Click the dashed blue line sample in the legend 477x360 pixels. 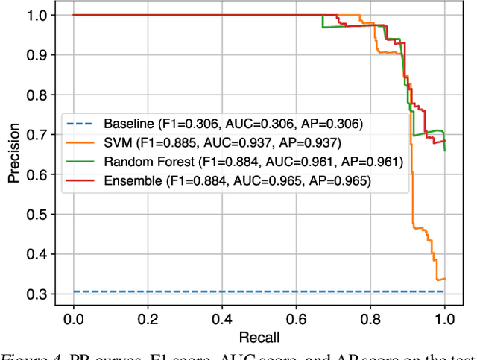coord(80,123)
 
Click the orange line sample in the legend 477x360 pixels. coord(80,142)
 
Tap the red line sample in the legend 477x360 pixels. coord(80,180)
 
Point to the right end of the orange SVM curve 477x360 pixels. coord(445,278)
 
